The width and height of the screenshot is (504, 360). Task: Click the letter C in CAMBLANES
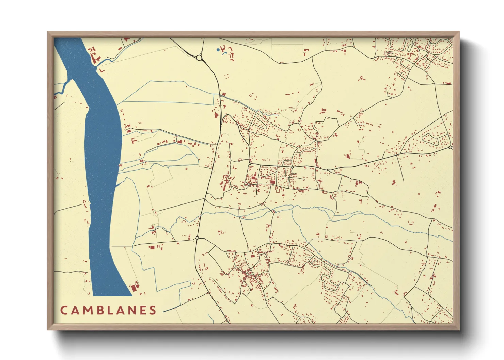pos(64,310)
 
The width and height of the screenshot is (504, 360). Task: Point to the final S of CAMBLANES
pos(153,310)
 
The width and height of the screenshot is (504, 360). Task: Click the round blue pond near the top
pos(218,50)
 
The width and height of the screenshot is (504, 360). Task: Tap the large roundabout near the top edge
pos(199,58)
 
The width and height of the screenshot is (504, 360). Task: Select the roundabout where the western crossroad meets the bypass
pos(197,238)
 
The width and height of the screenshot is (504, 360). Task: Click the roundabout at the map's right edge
pos(450,147)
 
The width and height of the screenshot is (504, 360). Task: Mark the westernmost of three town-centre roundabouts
pos(250,164)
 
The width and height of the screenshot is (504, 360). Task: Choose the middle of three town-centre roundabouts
pos(292,167)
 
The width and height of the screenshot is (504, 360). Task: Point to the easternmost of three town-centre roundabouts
pos(328,170)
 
